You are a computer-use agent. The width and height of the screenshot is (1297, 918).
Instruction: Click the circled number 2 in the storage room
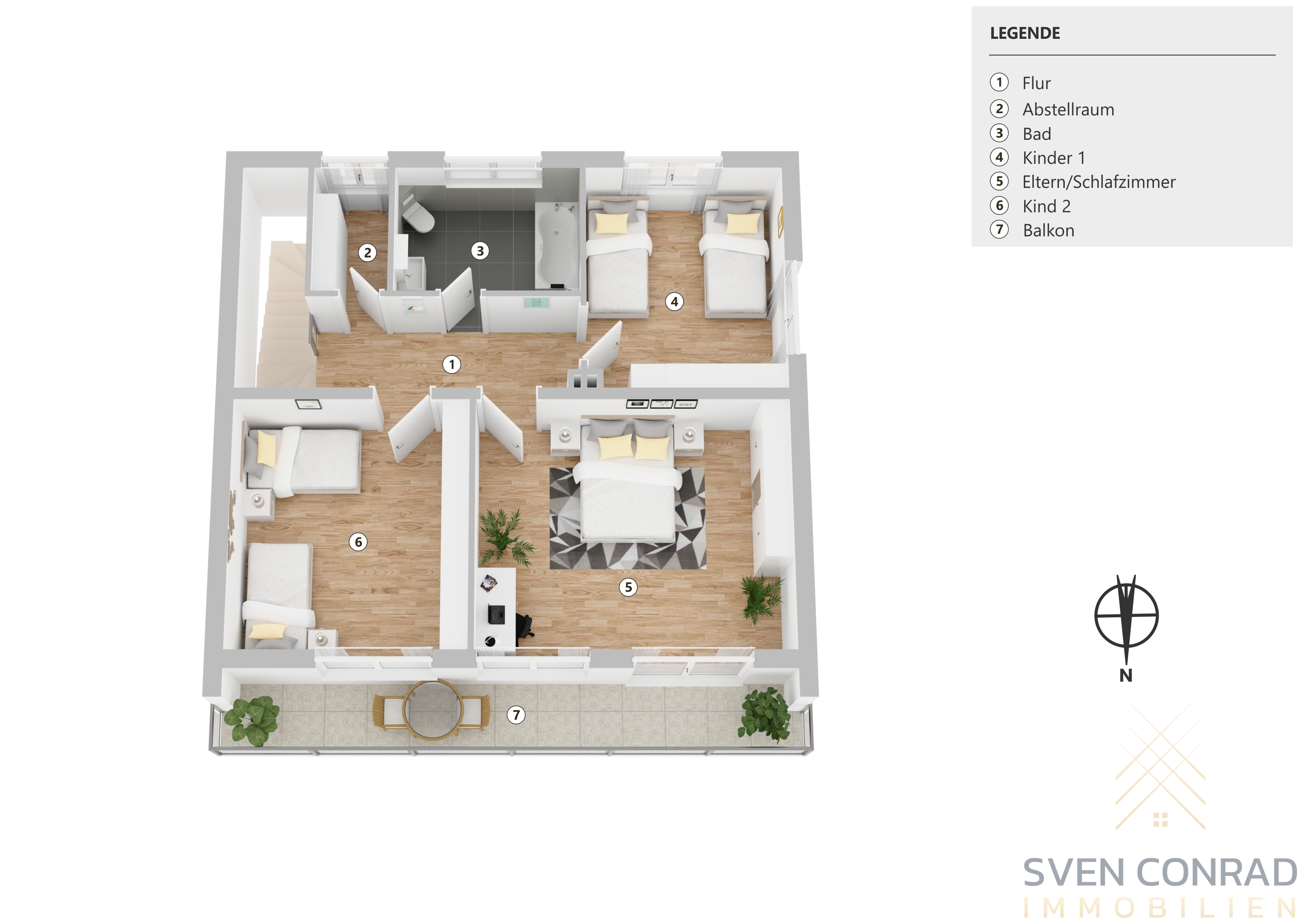tap(368, 253)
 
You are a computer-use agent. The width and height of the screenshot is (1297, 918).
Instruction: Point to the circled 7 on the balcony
tap(516, 715)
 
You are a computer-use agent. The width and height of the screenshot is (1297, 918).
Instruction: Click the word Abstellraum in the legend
tap(1068, 109)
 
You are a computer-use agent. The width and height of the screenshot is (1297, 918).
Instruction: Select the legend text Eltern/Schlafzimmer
tap(1099, 182)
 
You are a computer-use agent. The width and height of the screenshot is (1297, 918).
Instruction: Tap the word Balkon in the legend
tap(1049, 231)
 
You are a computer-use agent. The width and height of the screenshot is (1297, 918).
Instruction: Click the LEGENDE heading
tap(1025, 33)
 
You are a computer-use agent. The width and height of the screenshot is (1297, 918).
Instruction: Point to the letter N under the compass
tap(1126, 675)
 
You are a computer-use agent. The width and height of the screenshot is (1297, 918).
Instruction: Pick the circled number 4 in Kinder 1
tap(674, 302)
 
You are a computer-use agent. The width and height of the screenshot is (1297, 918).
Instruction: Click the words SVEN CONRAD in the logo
tap(1160, 873)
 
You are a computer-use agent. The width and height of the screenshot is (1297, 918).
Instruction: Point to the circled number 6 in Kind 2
tap(358, 542)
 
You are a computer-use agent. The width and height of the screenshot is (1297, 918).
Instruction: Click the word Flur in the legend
tap(1037, 83)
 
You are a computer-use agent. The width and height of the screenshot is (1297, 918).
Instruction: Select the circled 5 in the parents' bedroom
tap(628, 587)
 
